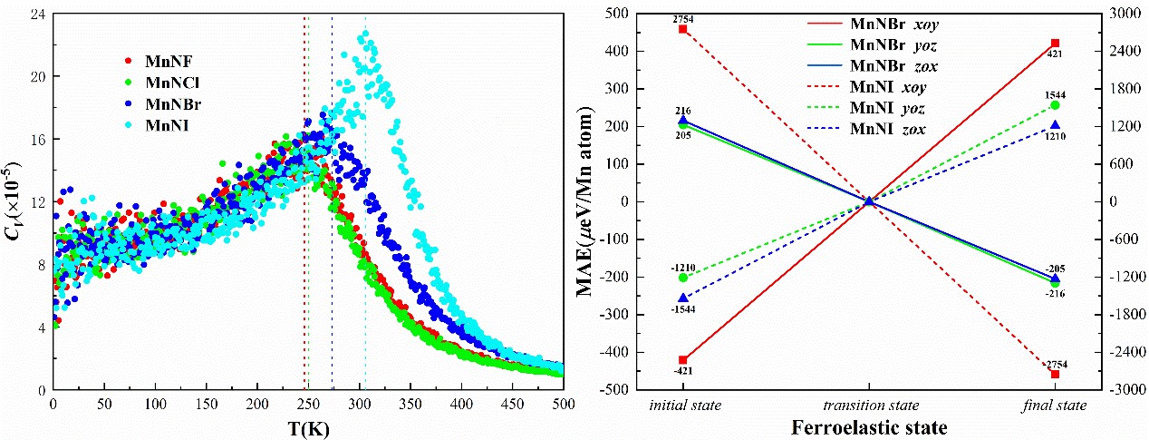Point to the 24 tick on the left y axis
[38, 14]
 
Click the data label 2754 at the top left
[683, 19]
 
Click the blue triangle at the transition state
[869, 201]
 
